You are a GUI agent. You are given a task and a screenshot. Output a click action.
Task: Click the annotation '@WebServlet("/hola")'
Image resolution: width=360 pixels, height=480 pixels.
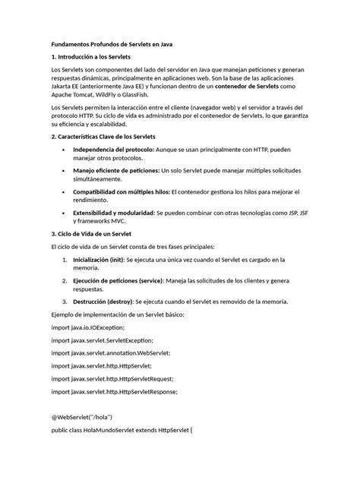(x=83, y=417)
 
